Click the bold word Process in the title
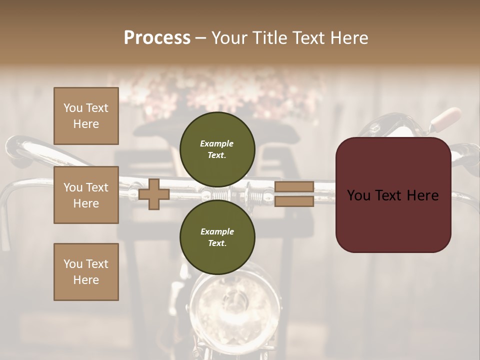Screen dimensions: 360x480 tap(157, 38)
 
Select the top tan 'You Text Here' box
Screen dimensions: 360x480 tap(86, 116)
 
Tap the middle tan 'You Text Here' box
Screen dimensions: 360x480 tap(86, 195)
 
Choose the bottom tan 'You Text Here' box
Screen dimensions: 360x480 tap(86, 272)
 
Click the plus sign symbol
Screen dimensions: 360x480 tap(154, 194)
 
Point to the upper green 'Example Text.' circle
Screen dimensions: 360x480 tap(217, 149)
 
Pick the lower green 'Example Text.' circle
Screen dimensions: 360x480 tap(217, 237)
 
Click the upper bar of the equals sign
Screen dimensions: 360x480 tap(294, 186)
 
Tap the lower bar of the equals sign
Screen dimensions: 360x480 tap(294, 201)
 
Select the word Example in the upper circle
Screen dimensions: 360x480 tap(217, 143)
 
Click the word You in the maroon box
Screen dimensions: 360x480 tap(359, 195)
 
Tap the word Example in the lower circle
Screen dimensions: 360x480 tap(217, 231)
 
